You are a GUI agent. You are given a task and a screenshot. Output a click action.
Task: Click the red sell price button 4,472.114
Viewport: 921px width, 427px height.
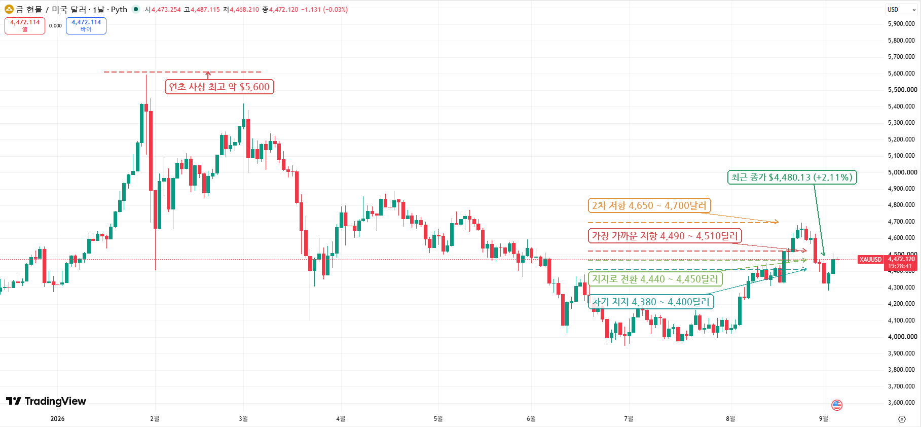[x=25, y=26]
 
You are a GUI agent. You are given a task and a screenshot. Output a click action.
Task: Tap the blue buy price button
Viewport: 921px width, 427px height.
[x=86, y=26]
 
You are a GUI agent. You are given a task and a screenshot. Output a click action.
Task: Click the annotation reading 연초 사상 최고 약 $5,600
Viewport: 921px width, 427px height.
[x=219, y=87]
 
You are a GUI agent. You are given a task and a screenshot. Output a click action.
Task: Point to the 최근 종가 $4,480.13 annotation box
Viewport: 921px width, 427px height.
[x=792, y=177]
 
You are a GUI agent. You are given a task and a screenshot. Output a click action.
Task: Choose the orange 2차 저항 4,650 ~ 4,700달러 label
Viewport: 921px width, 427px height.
[x=649, y=205]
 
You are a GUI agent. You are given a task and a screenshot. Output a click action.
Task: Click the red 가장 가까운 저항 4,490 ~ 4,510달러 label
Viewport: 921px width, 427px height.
[x=665, y=236]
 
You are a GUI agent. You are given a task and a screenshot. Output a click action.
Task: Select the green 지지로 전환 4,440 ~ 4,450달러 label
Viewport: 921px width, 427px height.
[x=655, y=279]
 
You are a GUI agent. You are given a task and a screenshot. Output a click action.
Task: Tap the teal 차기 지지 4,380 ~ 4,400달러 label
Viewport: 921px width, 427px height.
[x=651, y=302]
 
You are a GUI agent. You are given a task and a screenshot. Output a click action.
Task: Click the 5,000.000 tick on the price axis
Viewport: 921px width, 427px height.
[x=902, y=172]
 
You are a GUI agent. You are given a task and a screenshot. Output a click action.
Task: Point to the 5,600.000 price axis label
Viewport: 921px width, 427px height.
[x=901, y=74]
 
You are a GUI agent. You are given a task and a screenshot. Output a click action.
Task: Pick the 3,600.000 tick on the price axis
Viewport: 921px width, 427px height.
[x=901, y=403]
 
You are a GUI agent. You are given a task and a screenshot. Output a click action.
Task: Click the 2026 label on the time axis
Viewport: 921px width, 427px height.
[x=58, y=419]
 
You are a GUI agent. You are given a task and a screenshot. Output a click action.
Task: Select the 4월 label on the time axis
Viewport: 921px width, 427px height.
[x=341, y=419]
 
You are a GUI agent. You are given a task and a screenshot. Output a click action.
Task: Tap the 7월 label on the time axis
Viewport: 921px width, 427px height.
[x=629, y=419]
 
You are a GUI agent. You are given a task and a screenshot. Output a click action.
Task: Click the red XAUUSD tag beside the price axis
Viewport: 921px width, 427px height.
[x=870, y=260]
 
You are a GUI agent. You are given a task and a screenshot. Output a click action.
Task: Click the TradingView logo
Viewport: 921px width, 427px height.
[x=46, y=401]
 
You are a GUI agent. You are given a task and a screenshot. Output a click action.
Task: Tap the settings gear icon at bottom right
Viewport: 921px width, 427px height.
[x=902, y=419]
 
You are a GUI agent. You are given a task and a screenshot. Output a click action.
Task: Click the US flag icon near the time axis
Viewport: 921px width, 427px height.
[x=837, y=405]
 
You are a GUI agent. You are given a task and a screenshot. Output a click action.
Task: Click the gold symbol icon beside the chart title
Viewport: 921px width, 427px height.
[x=9, y=9]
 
